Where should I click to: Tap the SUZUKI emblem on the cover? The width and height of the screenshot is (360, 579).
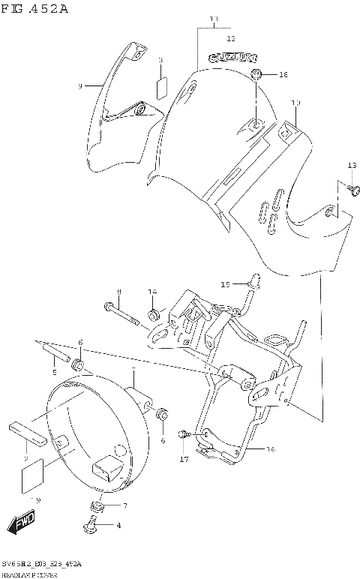click(232, 56)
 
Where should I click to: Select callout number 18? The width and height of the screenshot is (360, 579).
click(283, 75)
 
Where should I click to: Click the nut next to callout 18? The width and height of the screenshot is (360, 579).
click(257, 74)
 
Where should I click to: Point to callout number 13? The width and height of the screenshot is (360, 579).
click(352, 165)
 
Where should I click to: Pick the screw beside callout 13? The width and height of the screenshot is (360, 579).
click(350, 190)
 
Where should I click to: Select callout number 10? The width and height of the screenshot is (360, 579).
click(295, 103)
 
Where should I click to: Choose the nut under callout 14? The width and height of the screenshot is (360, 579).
click(154, 312)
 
